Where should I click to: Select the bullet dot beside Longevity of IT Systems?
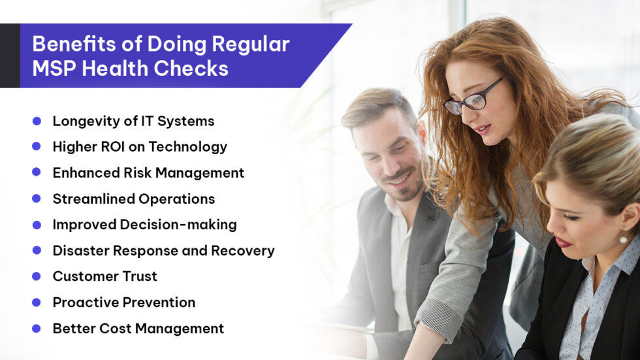[x=37, y=121]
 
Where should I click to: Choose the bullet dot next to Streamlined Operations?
[x=37, y=199]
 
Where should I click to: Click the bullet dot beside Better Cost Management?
[x=37, y=329]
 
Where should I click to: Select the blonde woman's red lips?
[x=563, y=242]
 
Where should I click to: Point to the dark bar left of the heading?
[x=10, y=56]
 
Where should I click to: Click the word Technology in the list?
[x=188, y=147]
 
